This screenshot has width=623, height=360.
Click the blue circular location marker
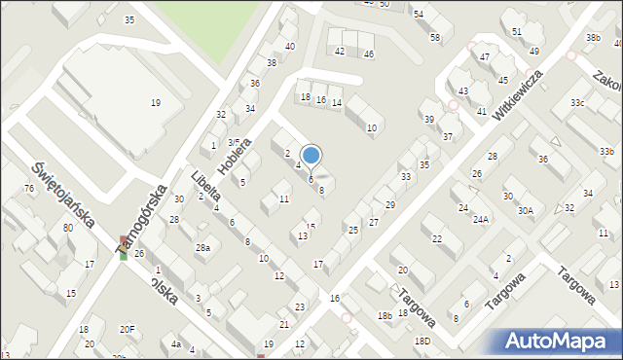311,155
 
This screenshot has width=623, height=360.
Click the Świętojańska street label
61,195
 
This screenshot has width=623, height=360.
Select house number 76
28,188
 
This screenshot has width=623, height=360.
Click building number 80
67,228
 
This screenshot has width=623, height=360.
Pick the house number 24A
481,220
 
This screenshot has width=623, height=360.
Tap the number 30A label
526,210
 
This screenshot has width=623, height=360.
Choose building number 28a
202,248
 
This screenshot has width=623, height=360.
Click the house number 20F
128,329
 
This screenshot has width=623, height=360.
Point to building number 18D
421,341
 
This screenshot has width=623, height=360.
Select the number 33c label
578,102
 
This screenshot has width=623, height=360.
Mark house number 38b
593,37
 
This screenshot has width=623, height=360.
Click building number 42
340,51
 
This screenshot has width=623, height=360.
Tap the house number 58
434,38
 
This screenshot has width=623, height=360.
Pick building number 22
437,238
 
